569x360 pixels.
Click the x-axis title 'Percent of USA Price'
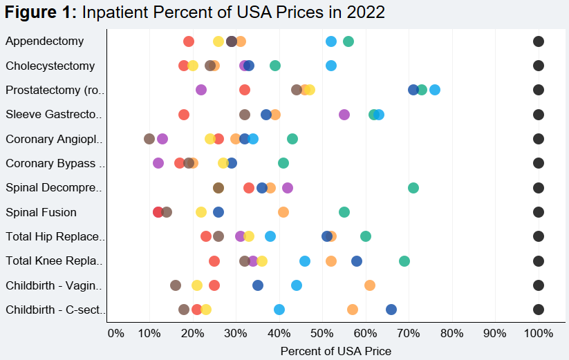tap(335, 351)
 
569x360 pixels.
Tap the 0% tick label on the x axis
tap(115, 333)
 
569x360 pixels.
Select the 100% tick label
tap(539, 333)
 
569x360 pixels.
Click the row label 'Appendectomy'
tap(44, 41)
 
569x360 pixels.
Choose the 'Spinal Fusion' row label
tap(41, 212)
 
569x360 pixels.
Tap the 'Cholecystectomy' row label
tap(50, 66)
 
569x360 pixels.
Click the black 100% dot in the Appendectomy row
tap(539, 41)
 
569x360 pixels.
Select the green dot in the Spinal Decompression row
tap(413, 188)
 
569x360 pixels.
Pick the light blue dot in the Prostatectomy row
tap(435, 90)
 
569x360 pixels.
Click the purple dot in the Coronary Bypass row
tap(158, 163)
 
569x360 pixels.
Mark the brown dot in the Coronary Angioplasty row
tap(149, 139)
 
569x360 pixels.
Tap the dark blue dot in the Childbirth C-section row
tap(391, 310)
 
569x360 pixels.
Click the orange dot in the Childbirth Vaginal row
tap(370, 285)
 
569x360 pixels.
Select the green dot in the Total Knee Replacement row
tap(404, 261)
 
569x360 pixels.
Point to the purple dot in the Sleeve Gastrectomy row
tap(344, 115)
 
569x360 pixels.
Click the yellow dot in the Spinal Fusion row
tap(201, 212)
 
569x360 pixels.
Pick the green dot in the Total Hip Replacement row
tap(366, 236)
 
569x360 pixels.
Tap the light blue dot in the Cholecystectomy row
tap(331, 66)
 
